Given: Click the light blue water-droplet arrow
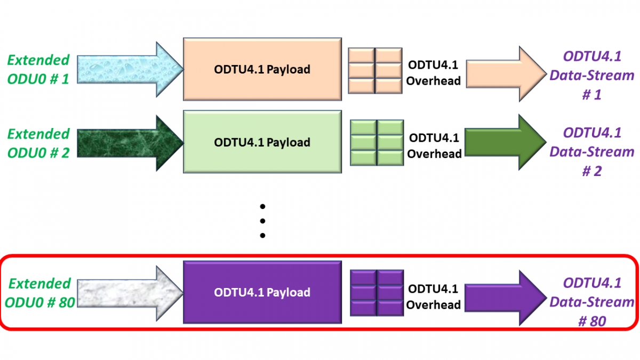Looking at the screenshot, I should [128, 70].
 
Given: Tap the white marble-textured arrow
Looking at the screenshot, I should [128, 292].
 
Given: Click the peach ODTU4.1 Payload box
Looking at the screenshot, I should [262, 69].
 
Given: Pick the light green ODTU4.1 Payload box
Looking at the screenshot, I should [262, 142].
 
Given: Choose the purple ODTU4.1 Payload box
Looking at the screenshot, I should [262, 292].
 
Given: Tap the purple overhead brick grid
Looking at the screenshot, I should [377, 293].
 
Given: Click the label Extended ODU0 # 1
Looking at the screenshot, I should [38, 70].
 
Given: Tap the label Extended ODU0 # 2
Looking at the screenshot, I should [38, 143].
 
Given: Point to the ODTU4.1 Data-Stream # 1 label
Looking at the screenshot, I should [591, 75].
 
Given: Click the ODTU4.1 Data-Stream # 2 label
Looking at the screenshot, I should [591, 151].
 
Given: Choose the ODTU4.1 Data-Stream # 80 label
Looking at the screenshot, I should [591, 302].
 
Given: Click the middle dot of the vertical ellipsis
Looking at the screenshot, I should [262, 221].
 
